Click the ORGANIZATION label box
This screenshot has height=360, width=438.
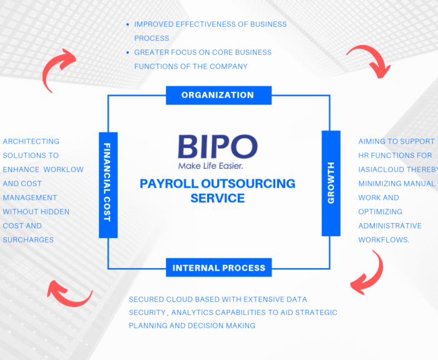click(219, 95)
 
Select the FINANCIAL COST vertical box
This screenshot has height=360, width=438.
click(108, 185)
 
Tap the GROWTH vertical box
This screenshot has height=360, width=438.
click(331, 183)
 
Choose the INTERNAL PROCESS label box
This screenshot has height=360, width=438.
click(219, 267)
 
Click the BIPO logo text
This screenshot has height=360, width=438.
click(218, 147)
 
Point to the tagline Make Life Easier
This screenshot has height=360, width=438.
click(211, 166)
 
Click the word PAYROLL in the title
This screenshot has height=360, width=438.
click(169, 184)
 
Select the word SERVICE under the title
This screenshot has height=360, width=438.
click(218, 198)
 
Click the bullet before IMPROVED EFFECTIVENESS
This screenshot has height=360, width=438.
click(128, 24)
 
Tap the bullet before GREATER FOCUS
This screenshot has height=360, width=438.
click(128, 52)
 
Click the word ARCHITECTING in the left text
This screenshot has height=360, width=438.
click(31, 141)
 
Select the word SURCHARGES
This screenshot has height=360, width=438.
click(28, 240)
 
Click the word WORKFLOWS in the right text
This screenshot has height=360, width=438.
click(383, 240)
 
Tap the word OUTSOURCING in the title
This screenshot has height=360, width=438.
click(248, 184)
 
